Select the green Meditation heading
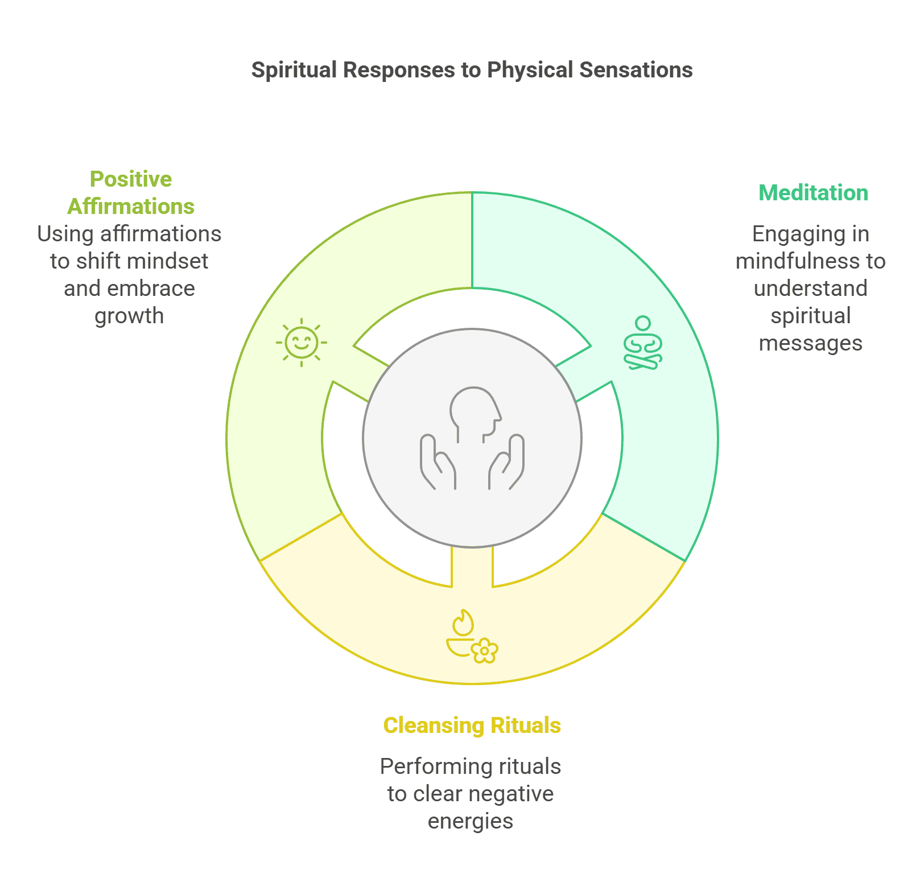pyautogui.click(x=813, y=193)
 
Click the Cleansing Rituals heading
pyautogui.click(x=472, y=726)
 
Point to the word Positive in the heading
pyautogui.click(x=131, y=179)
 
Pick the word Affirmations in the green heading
pyautogui.click(x=131, y=207)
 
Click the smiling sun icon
pyautogui.click(x=302, y=343)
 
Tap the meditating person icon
pyautogui.click(x=643, y=343)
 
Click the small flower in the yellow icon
pyautogui.click(x=485, y=650)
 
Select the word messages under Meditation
pyautogui.click(x=811, y=344)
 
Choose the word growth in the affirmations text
pyautogui.click(x=129, y=316)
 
